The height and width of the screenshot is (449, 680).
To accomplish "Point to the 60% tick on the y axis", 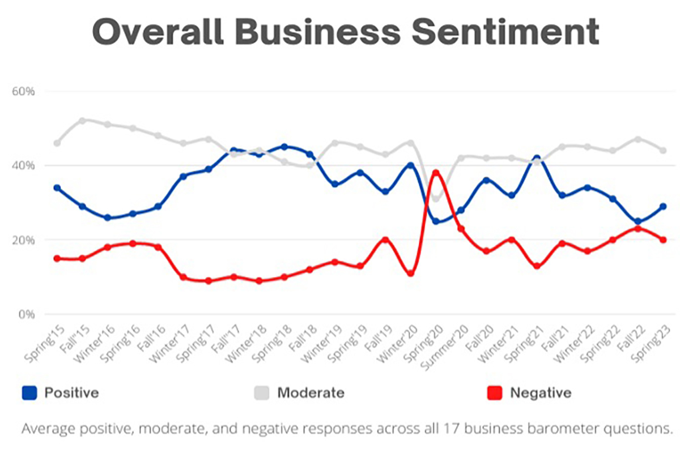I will coord(23,91).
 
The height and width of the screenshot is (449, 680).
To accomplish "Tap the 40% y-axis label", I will coord(23,165).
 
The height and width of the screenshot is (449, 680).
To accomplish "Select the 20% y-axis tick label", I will coord(23,240).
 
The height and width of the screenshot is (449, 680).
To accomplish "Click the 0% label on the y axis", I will coord(26,314).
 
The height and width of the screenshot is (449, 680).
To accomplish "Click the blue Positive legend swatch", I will coord(30,392).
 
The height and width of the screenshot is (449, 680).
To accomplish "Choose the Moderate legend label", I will coord(311,392).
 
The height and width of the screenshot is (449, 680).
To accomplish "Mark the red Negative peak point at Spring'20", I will coord(436,173).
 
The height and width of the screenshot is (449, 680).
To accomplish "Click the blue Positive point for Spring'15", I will coord(57,188).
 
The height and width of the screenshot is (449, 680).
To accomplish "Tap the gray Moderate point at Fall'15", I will coord(82,121).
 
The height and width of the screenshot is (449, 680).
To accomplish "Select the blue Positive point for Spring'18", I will coord(284,147).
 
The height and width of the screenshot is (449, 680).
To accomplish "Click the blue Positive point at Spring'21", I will coord(537,159).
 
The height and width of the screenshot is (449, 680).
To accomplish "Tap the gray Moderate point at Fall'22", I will coord(638,139).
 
